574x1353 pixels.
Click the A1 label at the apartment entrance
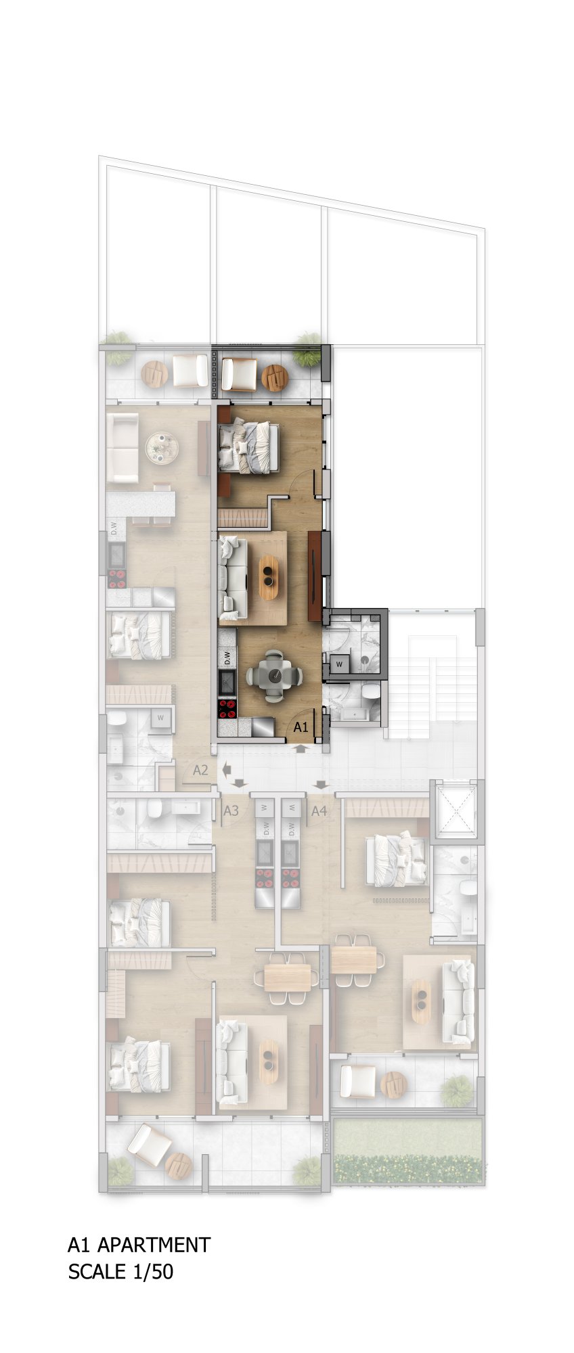coord(301,728)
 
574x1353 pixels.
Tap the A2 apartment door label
coord(200,770)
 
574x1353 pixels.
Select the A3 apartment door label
coord(231,810)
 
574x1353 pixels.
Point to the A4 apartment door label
coord(319,810)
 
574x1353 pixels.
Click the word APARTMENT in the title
coord(154,1244)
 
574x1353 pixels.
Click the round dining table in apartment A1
coord(274,674)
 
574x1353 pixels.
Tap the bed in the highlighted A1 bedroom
coord(249,446)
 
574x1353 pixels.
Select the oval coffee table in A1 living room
coord(269,578)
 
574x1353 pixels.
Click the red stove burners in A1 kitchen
coord(227,708)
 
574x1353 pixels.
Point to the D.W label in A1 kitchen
coord(227,657)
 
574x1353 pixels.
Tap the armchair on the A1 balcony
coord(239,374)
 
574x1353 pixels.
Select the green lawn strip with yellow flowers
coord(408,1151)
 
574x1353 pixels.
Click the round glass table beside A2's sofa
coord(162,447)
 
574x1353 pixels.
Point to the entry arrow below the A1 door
coord(300,748)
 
